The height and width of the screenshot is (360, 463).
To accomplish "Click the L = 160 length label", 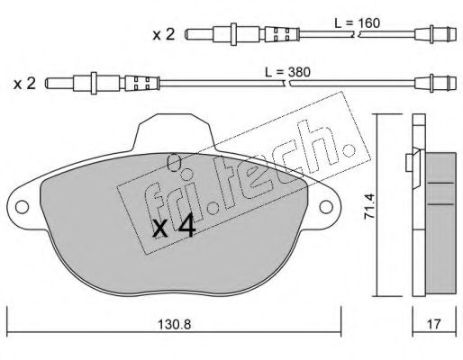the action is click(358, 23).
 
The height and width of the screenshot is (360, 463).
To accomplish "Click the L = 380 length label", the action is click(287, 72).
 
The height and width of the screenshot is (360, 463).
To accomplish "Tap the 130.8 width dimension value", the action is click(175, 324).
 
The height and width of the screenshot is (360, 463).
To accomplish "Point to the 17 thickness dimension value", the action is click(433, 324).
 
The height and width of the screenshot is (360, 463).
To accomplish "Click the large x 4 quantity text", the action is click(174, 228).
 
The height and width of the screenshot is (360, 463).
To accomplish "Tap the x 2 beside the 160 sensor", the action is click(164, 34).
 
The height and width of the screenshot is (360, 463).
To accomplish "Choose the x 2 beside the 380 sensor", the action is click(24, 83).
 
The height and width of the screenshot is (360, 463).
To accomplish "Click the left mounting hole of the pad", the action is click(22, 207).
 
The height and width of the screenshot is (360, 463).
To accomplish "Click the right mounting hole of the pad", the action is click(326, 207).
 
